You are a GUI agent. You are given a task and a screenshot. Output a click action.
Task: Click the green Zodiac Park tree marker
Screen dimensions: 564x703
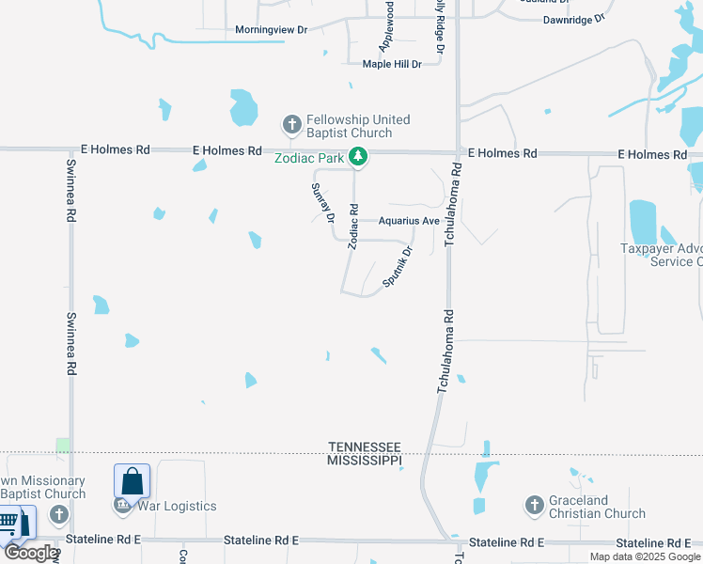[357, 158]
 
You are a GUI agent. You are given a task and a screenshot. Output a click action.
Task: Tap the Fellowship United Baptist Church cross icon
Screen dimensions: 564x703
[291, 124]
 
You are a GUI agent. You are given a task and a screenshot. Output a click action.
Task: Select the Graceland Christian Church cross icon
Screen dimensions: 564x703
[534, 507]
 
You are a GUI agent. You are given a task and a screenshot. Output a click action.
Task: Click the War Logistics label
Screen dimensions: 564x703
[177, 506]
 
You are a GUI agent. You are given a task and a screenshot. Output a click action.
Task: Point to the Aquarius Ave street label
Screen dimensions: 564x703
[409, 221]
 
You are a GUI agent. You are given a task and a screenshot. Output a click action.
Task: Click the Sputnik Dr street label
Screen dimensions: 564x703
[398, 267]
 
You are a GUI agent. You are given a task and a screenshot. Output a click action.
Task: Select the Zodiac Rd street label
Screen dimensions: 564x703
[353, 227]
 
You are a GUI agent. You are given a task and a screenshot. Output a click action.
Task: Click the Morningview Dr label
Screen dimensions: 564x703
[272, 30]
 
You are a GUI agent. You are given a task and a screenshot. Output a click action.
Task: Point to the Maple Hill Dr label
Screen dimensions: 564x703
[392, 64]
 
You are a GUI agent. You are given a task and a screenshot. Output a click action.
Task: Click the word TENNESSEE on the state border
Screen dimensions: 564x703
[365, 446]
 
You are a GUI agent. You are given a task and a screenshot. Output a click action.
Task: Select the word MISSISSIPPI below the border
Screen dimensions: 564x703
[364, 460]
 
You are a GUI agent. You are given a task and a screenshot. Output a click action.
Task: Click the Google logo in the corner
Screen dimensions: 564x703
[30, 553]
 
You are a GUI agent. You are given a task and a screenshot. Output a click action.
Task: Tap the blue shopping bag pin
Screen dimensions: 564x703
[133, 481]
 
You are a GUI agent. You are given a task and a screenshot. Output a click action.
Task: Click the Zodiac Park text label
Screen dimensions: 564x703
[309, 158]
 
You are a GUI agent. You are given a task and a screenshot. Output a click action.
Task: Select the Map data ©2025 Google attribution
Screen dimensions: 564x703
[645, 556]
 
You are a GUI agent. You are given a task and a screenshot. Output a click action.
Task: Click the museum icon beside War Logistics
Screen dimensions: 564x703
[122, 506]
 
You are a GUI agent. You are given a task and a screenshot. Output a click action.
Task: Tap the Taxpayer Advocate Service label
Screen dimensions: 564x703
[663, 255]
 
